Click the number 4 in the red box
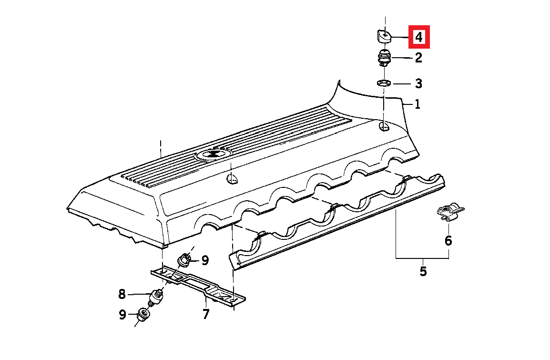tap(419, 37)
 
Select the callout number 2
tap(418, 58)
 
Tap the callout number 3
tap(418, 83)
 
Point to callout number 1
tap(417, 104)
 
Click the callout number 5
tap(423, 271)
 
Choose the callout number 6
tap(448, 241)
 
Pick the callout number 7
tap(205, 314)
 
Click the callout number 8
tap(122, 294)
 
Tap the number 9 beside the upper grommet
tap(205, 260)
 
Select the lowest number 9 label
tap(122, 314)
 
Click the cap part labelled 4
tap(383, 36)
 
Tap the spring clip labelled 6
tap(450, 212)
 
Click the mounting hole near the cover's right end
tap(384, 127)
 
